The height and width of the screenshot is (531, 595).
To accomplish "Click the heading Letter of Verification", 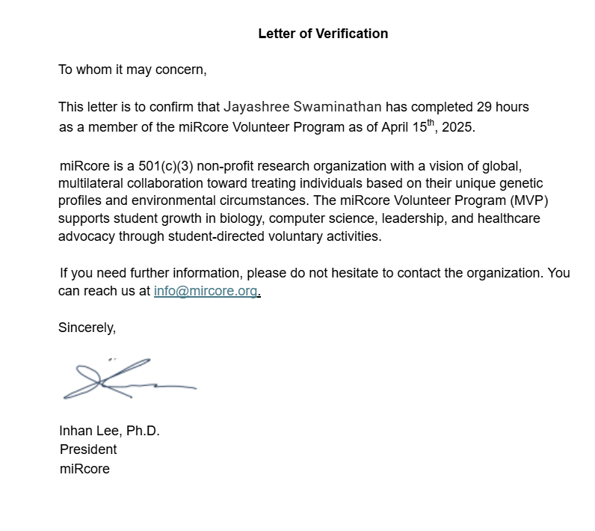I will tap(323, 34).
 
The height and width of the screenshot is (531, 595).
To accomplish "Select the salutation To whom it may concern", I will tap(132, 70).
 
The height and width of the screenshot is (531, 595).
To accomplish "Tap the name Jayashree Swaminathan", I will tap(303, 107).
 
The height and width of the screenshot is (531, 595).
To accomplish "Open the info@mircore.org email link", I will tap(206, 291).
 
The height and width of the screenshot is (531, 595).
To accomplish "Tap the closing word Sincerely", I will tap(87, 328).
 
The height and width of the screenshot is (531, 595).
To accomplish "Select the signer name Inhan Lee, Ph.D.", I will tap(110, 432).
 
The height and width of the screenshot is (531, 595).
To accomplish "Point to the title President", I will tap(88, 449).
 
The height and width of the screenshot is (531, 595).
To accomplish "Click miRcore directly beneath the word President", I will tap(84, 470).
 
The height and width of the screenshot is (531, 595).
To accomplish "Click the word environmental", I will tap(182, 201).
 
